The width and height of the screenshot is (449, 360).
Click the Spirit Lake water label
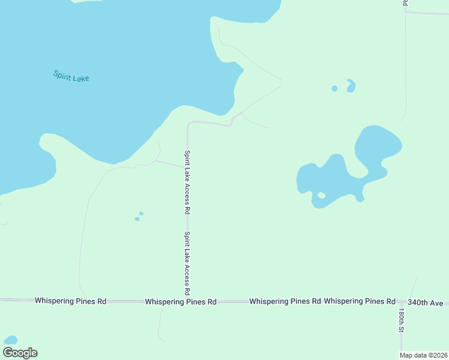(71, 76)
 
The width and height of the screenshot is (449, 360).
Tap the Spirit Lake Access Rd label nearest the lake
(188, 182)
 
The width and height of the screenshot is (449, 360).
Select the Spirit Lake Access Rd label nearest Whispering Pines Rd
(188, 263)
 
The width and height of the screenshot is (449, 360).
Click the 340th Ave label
(425, 302)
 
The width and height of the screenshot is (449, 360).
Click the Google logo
(20, 353)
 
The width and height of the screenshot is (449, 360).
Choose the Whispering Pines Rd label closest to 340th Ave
(359, 301)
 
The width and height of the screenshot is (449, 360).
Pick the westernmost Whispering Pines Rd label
(70, 301)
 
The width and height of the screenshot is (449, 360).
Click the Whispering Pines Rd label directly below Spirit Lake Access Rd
(180, 302)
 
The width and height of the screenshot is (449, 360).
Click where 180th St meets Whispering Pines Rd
(400, 301)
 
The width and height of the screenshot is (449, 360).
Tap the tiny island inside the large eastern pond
(321, 195)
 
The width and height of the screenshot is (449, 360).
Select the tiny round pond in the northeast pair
(334, 89)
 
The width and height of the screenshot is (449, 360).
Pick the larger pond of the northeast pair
(351, 86)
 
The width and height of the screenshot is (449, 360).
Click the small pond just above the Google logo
(10, 340)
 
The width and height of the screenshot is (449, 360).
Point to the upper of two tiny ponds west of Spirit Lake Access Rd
(141, 213)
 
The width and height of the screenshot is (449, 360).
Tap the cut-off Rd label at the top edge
(405, 3)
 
